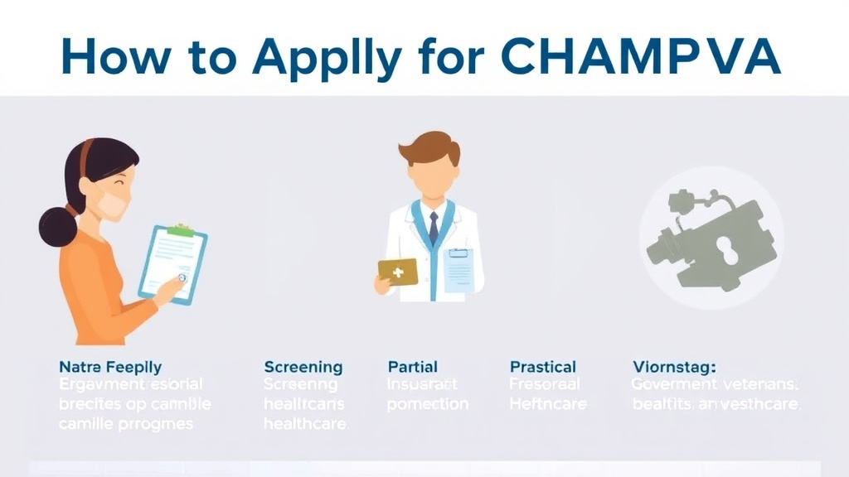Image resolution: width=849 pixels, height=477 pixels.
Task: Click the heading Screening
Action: click(x=303, y=366)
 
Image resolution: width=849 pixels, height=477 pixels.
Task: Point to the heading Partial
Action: click(x=412, y=366)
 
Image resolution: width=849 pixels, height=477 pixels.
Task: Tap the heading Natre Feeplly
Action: click(x=110, y=366)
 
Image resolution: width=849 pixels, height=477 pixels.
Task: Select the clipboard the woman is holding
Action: click(x=172, y=263)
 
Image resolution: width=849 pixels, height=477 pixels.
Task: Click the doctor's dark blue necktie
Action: click(x=433, y=229)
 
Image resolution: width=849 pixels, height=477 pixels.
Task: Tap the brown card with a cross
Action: click(x=398, y=272)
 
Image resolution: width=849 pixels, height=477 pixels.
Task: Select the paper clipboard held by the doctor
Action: click(x=457, y=269)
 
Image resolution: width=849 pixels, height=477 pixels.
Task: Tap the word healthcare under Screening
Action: click(x=306, y=423)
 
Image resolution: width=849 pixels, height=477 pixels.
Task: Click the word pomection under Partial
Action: click(x=427, y=404)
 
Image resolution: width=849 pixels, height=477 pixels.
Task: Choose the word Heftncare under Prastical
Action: click(x=548, y=404)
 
